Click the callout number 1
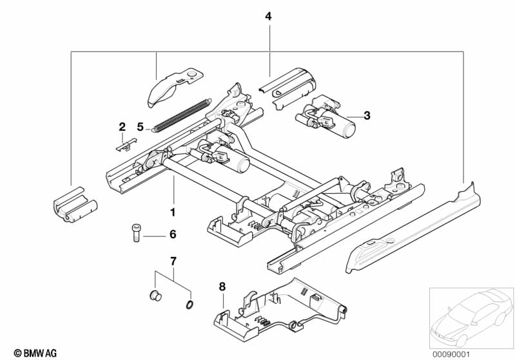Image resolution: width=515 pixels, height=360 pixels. coord(173,213)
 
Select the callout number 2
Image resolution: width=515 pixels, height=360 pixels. coord(122,127)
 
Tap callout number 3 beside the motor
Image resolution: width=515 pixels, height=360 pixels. coord(367,115)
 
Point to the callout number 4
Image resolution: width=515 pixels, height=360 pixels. coord(268,16)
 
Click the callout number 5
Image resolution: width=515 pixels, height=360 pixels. coord(141,127)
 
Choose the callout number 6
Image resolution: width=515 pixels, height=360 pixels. coord(173,234)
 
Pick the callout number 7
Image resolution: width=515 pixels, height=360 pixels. coord(173,261)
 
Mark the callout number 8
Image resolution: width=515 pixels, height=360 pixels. coord(222,287)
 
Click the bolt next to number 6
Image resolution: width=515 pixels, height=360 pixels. coord(136,232)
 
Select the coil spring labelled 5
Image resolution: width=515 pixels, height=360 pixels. coord(180,115)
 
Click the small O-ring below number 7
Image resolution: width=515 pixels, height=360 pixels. coord(189,305)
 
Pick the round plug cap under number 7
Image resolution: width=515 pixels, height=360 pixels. coord(155,296)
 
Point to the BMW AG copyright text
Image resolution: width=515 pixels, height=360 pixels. coord(35,353)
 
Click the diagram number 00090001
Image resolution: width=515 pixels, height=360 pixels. coord(451,354)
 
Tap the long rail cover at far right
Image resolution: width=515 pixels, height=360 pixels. coord(413,230)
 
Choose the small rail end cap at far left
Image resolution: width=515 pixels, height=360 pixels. coord(75,205)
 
